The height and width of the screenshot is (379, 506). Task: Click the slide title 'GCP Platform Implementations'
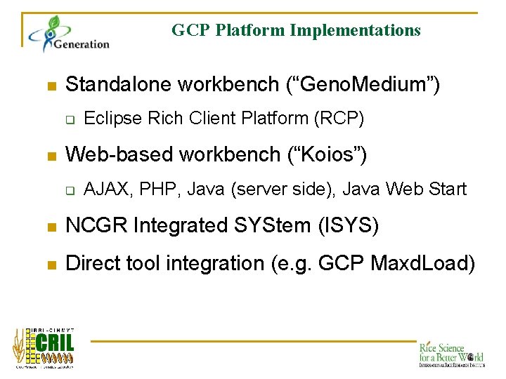(296, 30)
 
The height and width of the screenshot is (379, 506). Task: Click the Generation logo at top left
(69, 35)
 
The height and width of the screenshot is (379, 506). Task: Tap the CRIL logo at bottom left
(44, 347)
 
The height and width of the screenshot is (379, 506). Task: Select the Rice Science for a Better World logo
(450, 354)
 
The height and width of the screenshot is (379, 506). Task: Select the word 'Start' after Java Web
(448, 188)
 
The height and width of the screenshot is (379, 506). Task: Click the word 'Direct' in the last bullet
(91, 264)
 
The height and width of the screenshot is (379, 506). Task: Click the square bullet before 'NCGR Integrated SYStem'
(50, 227)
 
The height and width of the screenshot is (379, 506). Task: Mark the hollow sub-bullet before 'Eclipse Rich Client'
(70, 119)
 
